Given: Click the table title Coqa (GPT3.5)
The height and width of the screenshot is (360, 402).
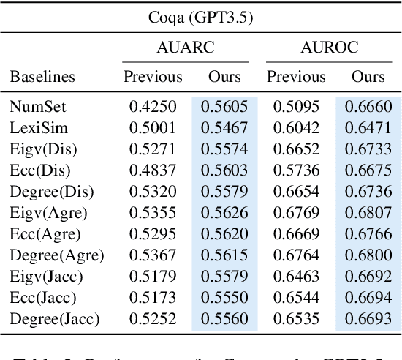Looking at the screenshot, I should pos(200,15).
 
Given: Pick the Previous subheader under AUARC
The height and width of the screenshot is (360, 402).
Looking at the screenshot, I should pos(153,76).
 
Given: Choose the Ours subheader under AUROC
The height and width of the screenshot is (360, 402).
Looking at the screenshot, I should pos(368,76).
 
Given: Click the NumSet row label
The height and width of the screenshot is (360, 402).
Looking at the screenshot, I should pos(37,107).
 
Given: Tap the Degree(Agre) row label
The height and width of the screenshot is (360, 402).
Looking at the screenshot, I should pos(56,255).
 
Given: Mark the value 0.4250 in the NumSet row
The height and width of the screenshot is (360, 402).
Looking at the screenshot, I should pos(153,107).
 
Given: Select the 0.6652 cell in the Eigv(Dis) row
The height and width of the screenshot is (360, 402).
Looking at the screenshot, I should pos(296,149).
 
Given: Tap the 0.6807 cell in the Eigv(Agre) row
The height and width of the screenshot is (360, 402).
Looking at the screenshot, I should pos(368,213).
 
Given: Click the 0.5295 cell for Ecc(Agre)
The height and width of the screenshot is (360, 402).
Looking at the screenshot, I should pos(153,234).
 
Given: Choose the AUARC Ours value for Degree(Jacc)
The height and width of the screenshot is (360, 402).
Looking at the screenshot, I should pos(224,319).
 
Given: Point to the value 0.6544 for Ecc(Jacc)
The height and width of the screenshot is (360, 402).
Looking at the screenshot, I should pos(296,298).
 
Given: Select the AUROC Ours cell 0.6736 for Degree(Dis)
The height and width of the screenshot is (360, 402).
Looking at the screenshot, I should pos(368,192).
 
